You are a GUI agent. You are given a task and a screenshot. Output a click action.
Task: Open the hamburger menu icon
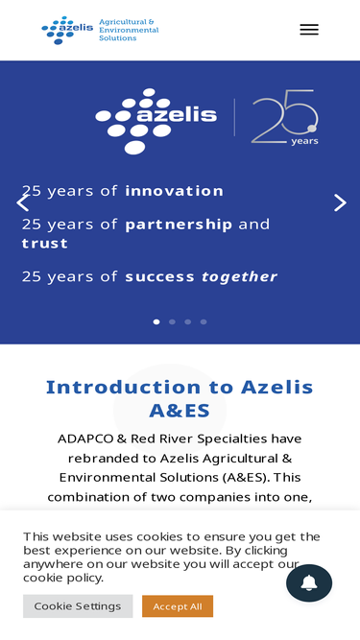pyautogui.click(x=309, y=30)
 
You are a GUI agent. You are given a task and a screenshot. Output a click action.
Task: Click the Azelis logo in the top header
pyautogui.click(x=67, y=30)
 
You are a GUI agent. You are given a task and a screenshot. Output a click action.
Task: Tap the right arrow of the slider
pyautogui.click(x=340, y=202)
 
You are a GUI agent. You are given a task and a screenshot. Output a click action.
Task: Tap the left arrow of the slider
pyautogui.click(x=22, y=202)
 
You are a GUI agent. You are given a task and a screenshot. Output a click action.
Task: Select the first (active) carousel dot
pyautogui.click(x=156, y=321)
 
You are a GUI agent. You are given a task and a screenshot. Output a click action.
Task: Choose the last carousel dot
pyautogui.click(x=204, y=321)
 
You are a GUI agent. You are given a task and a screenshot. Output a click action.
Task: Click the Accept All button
pyautogui.click(x=178, y=606)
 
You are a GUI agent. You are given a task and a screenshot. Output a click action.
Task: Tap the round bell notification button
pyautogui.click(x=309, y=582)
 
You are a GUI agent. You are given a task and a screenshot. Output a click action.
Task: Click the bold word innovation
pyautogui.click(x=175, y=191)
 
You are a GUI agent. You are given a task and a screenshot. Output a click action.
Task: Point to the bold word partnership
pyautogui.click(x=179, y=225)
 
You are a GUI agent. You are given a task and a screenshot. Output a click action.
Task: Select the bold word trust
pyautogui.click(x=44, y=244)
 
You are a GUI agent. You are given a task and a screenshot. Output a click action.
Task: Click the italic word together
pyautogui.click(x=240, y=276)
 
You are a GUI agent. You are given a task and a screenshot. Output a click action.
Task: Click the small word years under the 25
pyautogui.click(x=304, y=141)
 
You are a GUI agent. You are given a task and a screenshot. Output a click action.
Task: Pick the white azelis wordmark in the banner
pyautogui.click(x=177, y=115)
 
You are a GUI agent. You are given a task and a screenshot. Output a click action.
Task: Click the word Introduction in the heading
pyautogui.click(x=124, y=387)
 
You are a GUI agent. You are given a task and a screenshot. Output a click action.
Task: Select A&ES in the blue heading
pyautogui.click(x=180, y=411)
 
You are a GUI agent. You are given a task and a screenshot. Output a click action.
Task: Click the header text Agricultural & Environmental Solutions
pyautogui.click(x=129, y=30)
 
